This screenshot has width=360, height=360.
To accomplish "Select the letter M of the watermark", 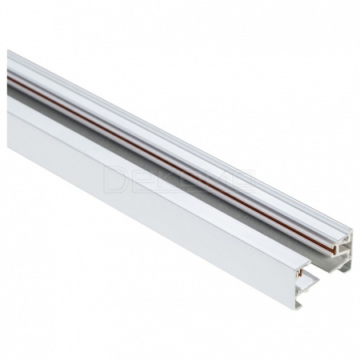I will coord(219,174).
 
